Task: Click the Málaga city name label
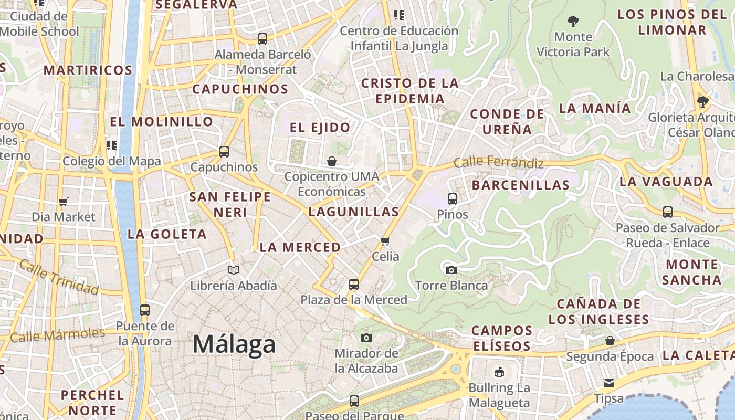click(234, 344)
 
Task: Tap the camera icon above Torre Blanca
click(451, 270)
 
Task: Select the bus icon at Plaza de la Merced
click(354, 285)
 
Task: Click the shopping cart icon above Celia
click(385, 241)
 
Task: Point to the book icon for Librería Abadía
click(233, 270)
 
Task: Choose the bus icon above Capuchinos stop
click(224, 152)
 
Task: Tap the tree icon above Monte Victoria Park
click(573, 22)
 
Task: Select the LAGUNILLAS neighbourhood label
click(353, 212)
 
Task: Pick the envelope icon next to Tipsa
click(609, 383)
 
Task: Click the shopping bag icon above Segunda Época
click(610, 341)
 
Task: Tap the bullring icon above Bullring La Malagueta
click(499, 372)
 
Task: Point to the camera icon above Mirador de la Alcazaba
click(366, 338)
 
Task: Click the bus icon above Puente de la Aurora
click(145, 310)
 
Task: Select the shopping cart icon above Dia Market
click(64, 202)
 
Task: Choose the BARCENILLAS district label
click(520, 185)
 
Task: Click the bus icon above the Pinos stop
click(453, 199)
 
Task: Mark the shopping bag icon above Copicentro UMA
click(332, 161)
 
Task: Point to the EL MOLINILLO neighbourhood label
click(161, 122)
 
